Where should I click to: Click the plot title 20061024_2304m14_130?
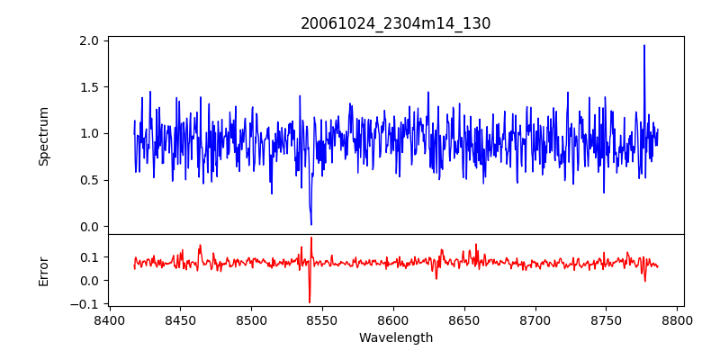395,23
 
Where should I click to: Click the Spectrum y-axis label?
44,136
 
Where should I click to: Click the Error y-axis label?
44,269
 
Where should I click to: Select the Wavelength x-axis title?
395,337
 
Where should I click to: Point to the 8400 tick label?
110,319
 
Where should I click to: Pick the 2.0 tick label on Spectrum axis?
89,40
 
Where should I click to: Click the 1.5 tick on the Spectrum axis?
89,87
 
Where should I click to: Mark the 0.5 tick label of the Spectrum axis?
89,180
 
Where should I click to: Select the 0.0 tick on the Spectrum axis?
89,226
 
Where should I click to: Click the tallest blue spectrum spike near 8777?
644,46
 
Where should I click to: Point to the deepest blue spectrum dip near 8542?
311,223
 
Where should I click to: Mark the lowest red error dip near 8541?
309,301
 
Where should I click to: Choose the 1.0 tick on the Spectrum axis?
89,133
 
